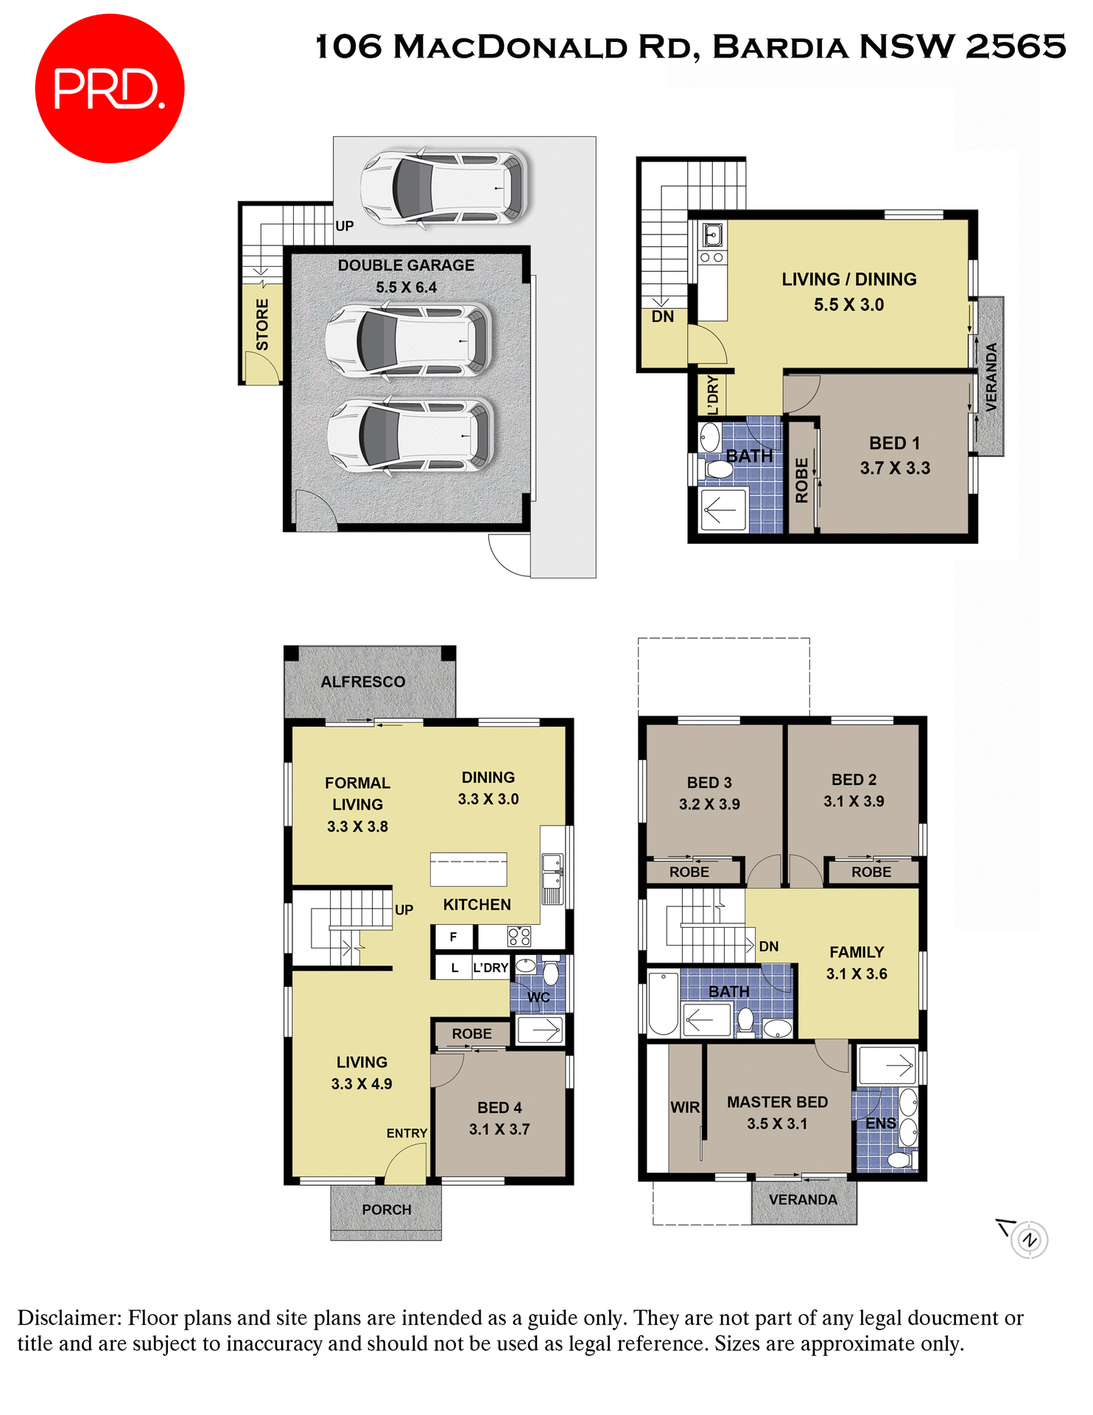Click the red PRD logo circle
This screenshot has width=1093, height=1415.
click(109, 88)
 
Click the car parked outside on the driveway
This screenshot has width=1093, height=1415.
click(444, 187)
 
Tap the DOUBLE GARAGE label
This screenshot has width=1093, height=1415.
click(406, 265)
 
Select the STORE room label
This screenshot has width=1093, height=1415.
click(262, 324)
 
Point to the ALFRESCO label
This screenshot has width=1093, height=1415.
click(362, 682)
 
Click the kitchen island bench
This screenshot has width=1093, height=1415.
click(468, 870)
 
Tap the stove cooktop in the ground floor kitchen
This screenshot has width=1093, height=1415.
click(519, 937)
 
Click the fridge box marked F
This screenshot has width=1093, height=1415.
click(453, 937)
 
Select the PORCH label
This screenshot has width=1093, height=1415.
click(386, 1209)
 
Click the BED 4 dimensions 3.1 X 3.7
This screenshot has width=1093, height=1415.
click(499, 1129)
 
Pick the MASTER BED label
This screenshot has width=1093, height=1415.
click(777, 1102)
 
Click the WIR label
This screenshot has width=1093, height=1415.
click(685, 1107)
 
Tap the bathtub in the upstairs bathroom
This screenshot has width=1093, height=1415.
click(663, 1004)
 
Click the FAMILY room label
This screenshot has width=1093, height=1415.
click(857, 952)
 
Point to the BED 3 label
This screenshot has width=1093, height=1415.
click(709, 783)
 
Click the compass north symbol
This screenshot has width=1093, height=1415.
click(1029, 1240)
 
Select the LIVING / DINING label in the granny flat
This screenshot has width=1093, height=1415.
click(848, 279)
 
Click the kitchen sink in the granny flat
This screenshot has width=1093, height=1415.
click(712, 235)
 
